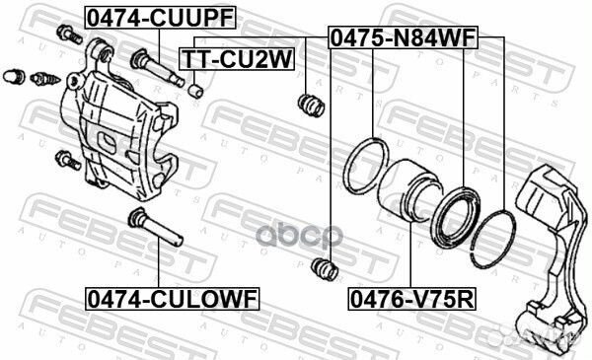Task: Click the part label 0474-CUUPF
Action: coord(161,18)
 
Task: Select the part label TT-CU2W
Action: coord(237,59)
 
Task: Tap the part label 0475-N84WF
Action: coord(404,37)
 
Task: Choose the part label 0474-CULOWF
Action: coord(173,299)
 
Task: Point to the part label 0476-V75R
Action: coord(411,299)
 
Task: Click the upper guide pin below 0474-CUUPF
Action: coord(157,68)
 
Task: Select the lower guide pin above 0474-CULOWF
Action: coord(155,227)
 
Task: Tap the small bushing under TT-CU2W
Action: coord(195,92)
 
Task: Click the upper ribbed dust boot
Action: coord(311,105)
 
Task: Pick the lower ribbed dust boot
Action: coord(325,269)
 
